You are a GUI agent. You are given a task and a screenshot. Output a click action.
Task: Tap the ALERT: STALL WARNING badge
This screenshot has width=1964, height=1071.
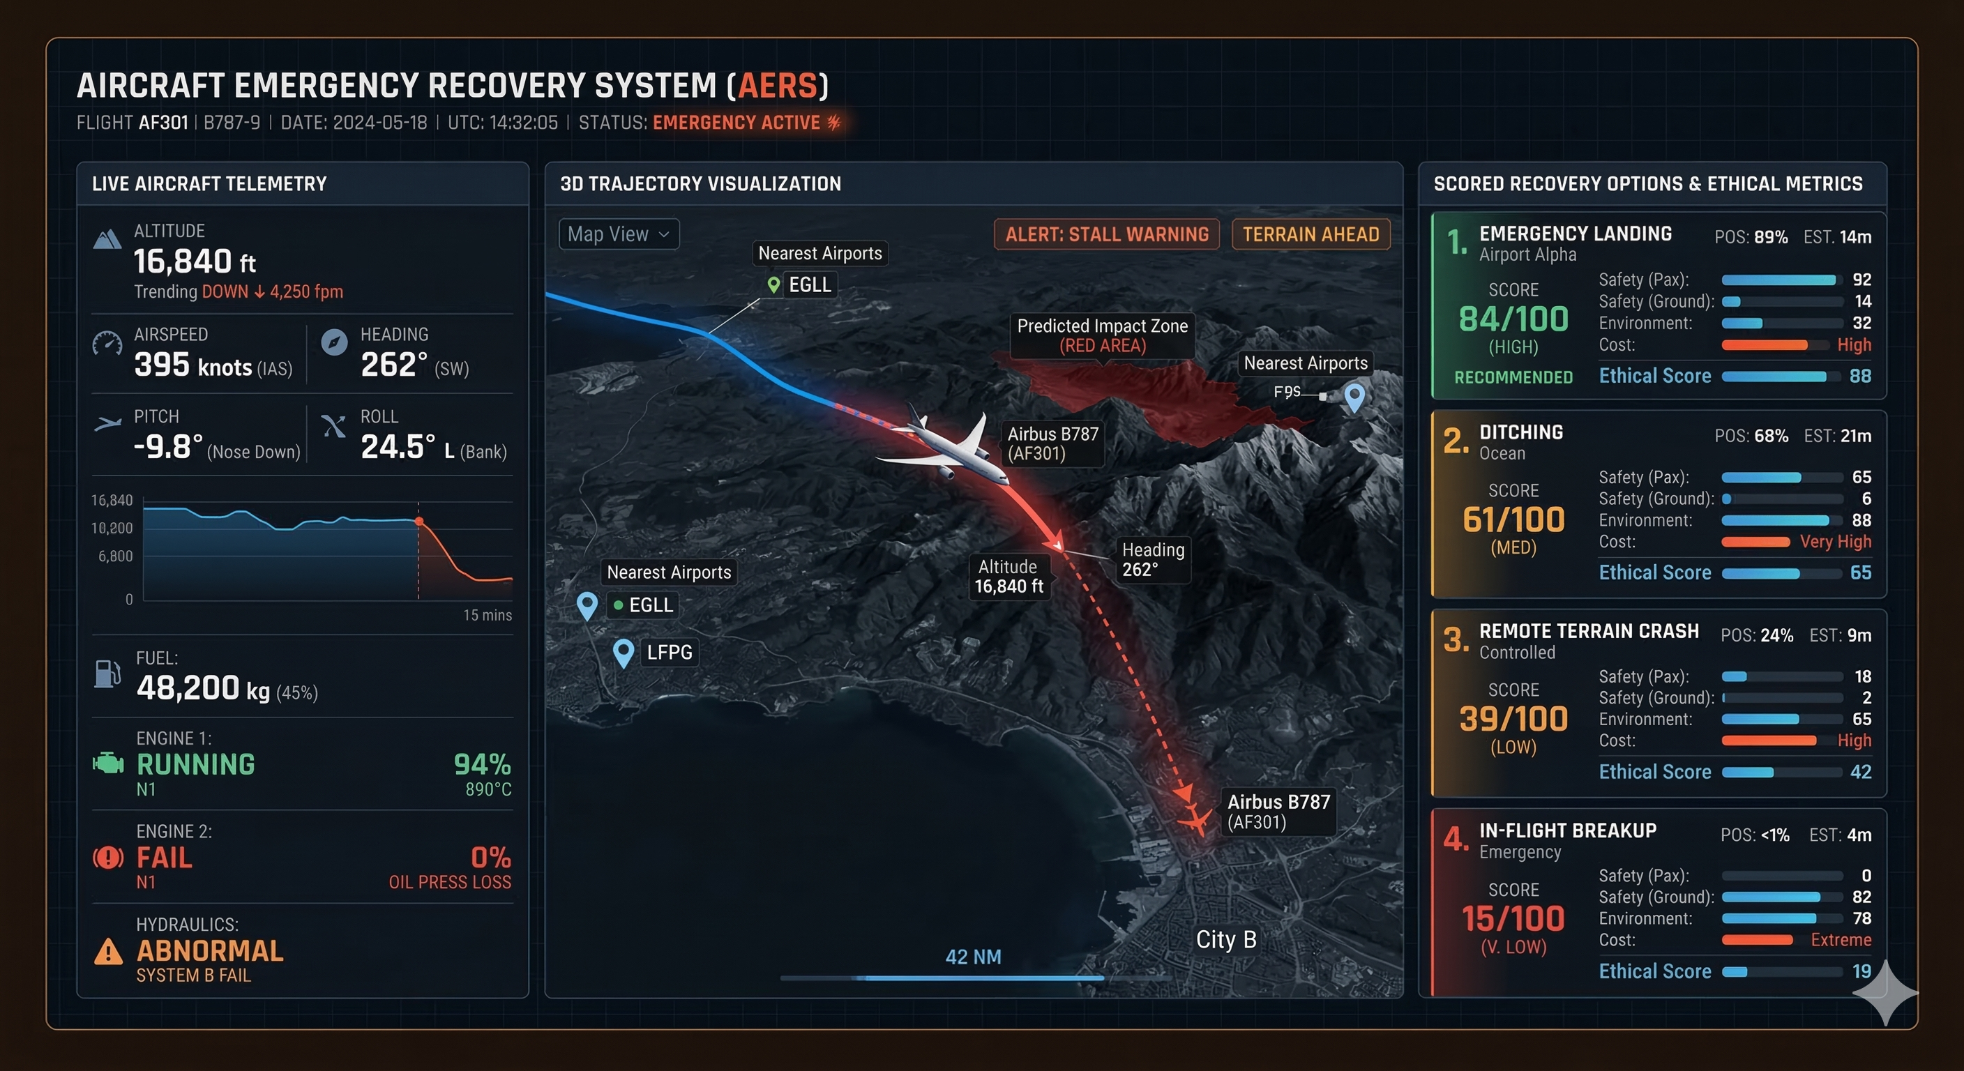[1106, 234]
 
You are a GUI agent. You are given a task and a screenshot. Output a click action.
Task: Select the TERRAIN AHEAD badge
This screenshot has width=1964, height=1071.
[1310, 234]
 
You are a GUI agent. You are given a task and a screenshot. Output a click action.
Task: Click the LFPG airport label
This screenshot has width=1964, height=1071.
[669, 653]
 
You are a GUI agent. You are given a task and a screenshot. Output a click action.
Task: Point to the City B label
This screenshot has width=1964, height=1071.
[1226, 939]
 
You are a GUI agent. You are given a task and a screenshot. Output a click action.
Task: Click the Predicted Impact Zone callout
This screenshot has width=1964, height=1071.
[1102, 335]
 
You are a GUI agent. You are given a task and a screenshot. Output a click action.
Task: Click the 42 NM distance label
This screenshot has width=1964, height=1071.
[973, 957]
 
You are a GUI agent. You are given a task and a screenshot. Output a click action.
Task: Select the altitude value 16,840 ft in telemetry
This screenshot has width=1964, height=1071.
[195, 261]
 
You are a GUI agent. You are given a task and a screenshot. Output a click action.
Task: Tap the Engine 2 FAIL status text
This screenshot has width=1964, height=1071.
[164, 858]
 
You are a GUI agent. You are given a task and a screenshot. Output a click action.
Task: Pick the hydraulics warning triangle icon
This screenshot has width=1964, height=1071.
[108, 951]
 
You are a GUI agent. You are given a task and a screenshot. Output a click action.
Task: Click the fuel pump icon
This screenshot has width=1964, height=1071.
[107, 674]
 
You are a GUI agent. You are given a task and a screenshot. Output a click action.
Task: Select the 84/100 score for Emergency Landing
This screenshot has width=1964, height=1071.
[1513, 319]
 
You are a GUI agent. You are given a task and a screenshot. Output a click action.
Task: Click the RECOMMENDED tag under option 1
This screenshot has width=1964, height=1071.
[1513, 377]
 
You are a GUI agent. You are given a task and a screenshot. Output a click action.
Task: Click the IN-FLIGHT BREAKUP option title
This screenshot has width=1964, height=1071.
[1568, 830]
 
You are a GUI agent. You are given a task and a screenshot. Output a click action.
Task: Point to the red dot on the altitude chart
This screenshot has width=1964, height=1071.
[418, 522]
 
